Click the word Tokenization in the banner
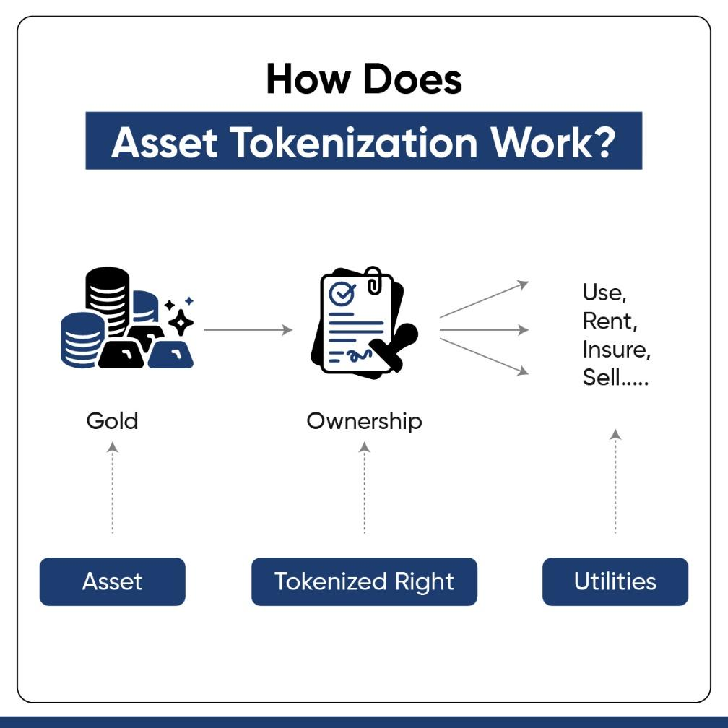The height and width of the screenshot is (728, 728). pos(354,142)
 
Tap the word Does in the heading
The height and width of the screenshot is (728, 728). pos(413,79)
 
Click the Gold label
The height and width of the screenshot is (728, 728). pos(113,420)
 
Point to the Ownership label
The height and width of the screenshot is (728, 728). pos(365,422)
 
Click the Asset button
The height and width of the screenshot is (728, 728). pos(113,581)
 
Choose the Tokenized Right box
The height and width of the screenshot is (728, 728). pos(365,581)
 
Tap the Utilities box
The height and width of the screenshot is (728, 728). pos(615,581)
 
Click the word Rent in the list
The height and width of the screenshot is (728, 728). pos(607,321)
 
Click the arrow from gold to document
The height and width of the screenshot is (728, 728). pos(248,330)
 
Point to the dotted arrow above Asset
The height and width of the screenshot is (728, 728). pos(113,487)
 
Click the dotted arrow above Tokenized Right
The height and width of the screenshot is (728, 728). pos(365,487)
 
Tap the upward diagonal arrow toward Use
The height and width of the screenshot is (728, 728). pos(484,300)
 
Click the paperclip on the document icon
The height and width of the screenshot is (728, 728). pos(374,280)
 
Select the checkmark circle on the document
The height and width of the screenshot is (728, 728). pos(342,293)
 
